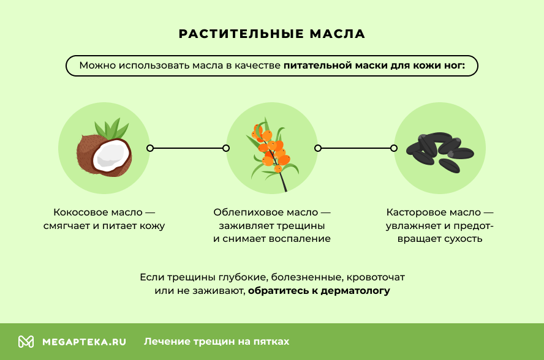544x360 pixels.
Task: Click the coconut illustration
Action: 104,153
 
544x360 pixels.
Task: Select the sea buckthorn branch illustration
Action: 271,153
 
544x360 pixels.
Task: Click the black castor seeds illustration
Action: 439,150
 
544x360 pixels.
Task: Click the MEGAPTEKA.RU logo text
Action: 84,342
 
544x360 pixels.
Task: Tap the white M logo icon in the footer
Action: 26,342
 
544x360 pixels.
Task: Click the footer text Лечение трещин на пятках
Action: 216,342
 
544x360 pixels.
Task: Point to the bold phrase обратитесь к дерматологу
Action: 319,290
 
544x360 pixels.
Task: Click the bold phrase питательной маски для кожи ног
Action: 374,65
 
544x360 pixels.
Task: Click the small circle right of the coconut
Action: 150,148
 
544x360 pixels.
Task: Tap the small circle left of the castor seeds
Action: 394,148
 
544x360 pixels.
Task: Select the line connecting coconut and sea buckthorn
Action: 188,148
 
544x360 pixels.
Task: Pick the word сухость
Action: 463,239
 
